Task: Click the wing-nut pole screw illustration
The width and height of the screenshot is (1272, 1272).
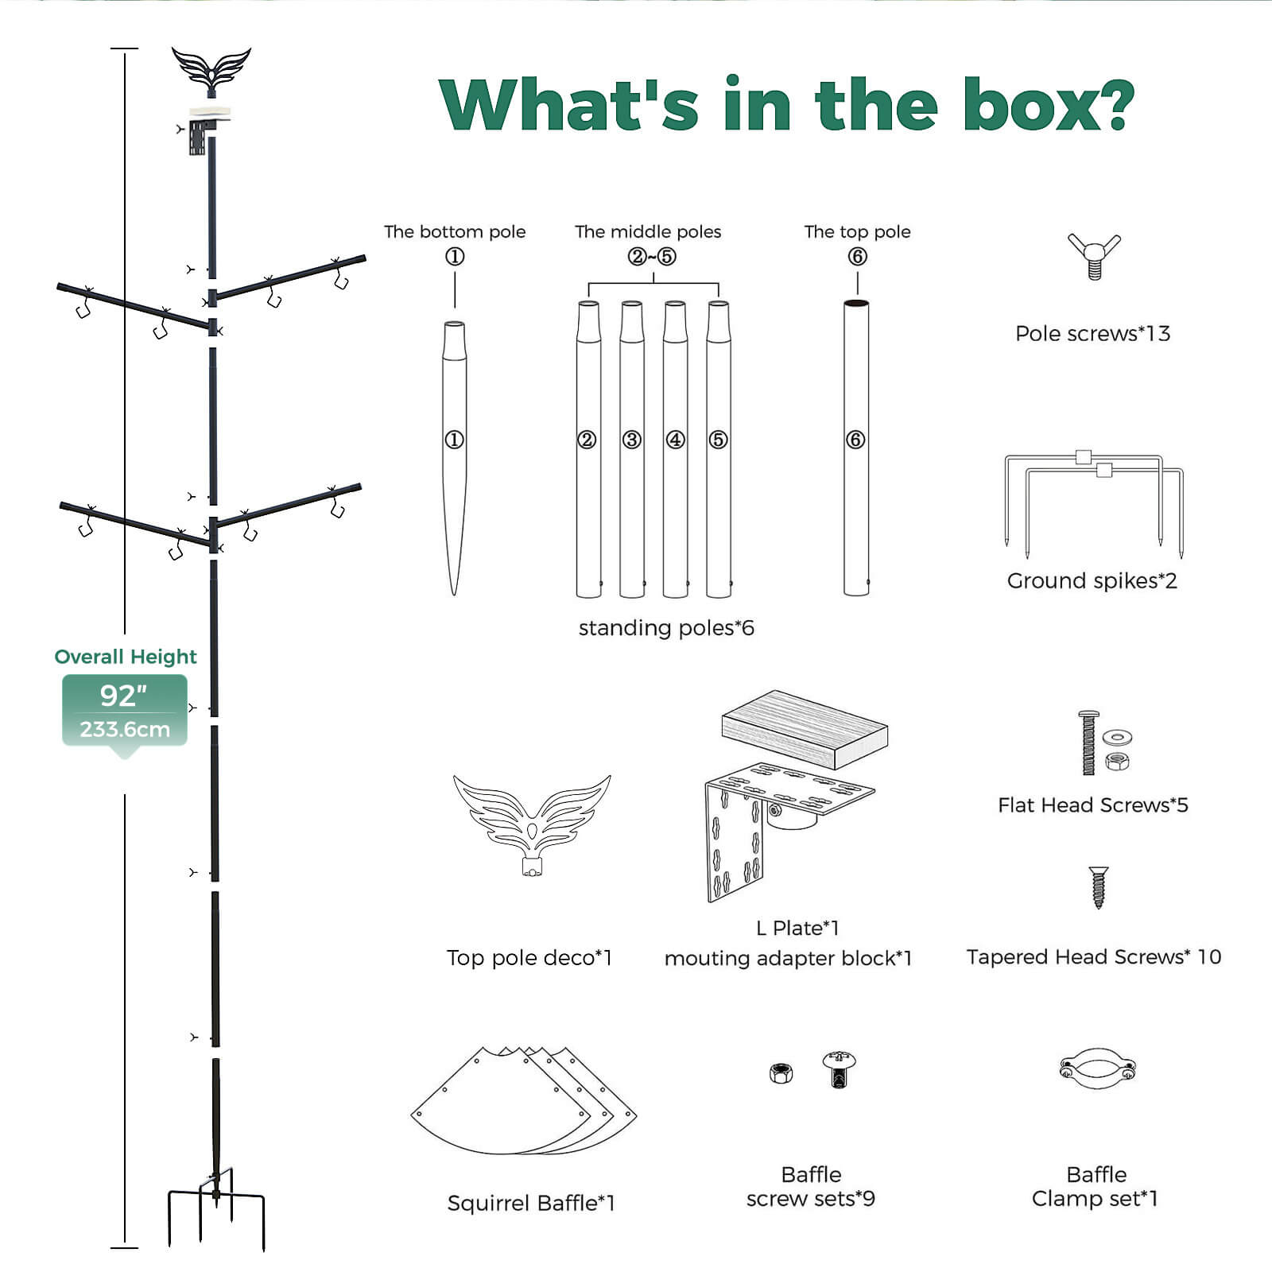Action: click(x=1094, y=255)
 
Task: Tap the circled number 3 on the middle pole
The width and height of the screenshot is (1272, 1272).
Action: click(x=632, y=440)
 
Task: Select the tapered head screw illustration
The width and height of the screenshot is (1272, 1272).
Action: click(x=1098, y=886)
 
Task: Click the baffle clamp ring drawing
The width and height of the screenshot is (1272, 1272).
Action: click(x=1097, y=1068)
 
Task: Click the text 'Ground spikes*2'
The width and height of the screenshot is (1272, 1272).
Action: click(x=1092, y=581)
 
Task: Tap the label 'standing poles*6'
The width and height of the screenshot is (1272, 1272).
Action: click(x=666, y=628)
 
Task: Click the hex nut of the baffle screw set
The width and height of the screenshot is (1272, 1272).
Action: click(x=781, y=1073)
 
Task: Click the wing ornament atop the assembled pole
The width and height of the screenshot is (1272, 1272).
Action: click(x=211, y=68)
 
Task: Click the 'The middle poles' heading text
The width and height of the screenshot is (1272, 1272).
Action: click(x=648, y=232)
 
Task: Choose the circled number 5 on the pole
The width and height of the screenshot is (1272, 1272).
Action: click(x=718, y=440)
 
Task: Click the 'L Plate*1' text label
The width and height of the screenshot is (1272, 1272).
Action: click(x=797, y=928)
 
